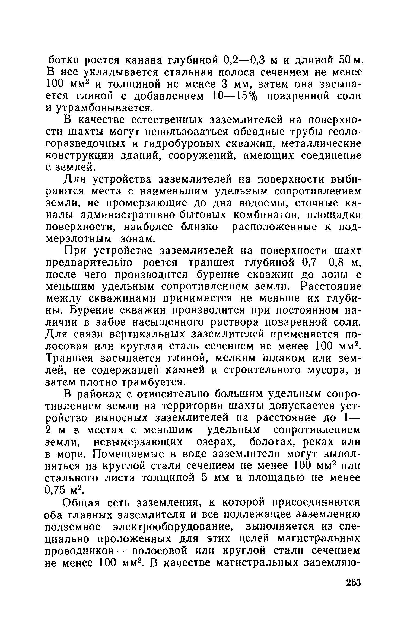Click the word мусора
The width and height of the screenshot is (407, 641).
pos(328,370)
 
